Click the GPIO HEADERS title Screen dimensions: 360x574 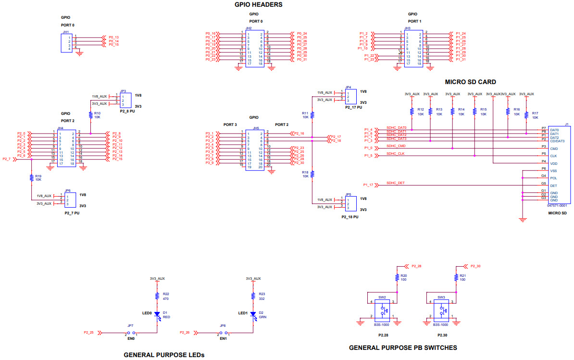tap(258, 5)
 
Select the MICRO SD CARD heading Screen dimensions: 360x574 tap(470, 82)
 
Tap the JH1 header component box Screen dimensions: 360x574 tap(65, 43)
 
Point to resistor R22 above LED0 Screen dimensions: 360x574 tap(157, 296)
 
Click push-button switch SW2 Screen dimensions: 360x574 tap(383, 310)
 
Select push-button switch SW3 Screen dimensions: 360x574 tap(441, 310)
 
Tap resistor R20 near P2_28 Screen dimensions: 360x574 tap(397, 278)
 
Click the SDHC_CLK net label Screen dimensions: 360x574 tap(396, 153)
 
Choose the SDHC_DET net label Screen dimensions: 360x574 tap(396, 183)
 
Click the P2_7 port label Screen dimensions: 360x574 tap(7, 159)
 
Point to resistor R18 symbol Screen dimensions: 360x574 tap(312, 174)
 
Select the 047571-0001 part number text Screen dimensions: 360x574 tap(557, 205)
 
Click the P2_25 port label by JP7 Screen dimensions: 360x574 tap(89, 332)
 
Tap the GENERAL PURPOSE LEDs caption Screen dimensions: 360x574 tap(164, 355)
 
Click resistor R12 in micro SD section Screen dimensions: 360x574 tap(412, 112)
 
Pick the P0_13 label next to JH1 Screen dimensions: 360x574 tap(113, 37)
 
